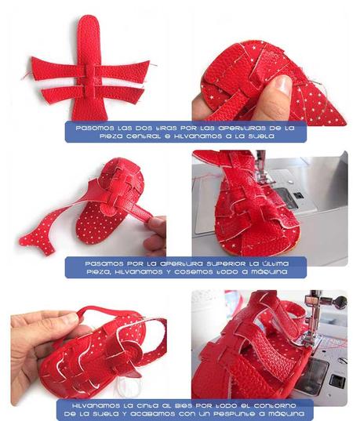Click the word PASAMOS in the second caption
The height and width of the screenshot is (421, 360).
point(99,262)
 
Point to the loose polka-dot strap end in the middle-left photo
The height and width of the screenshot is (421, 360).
point(35,239)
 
